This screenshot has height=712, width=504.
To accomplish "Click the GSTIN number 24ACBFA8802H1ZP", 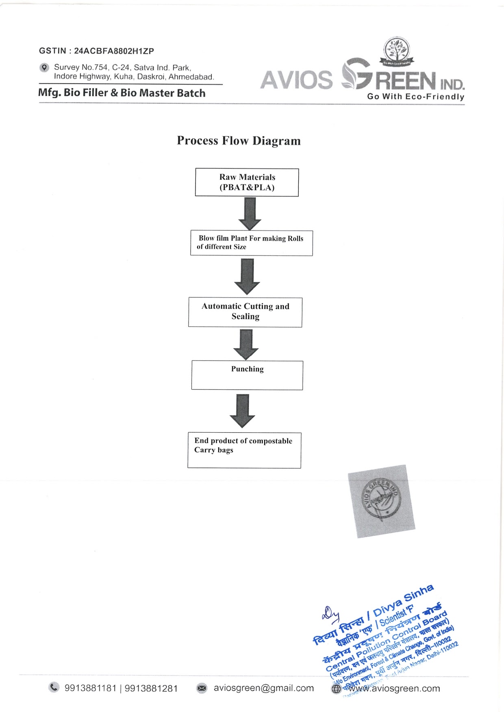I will (x=114, y=51).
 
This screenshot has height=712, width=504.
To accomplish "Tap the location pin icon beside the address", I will (x=44, y=67).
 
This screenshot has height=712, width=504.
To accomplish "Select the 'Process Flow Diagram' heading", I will (x=239, y=141).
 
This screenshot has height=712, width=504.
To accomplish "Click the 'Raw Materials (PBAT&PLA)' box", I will (x=247, y=182).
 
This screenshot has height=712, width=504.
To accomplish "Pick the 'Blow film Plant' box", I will (x=251, y=243).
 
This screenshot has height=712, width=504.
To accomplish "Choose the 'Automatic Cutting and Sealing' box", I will (x=245, y=312).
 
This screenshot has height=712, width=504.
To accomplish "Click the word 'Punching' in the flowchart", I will (x=247, y=369).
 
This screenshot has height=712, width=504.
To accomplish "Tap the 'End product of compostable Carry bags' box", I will (x=244, y=450).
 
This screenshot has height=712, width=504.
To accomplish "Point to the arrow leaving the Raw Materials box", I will (x=250, y=214).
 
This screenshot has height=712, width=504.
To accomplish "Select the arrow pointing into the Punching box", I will (x=246, y=344).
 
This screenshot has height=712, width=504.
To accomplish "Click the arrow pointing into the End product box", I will (x=242, y=410).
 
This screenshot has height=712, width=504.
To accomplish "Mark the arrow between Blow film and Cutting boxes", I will (x=247, y=276).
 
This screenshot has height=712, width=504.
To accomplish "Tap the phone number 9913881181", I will (x=90, y=688).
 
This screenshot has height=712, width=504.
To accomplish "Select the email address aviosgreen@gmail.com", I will (x=263, y=688).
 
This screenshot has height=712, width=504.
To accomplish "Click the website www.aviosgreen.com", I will (x=394, y=688).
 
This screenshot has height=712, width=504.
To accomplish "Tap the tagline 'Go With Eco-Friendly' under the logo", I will (x=415, y=97).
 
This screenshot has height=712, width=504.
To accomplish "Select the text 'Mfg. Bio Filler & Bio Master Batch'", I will (x=122, y=93).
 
